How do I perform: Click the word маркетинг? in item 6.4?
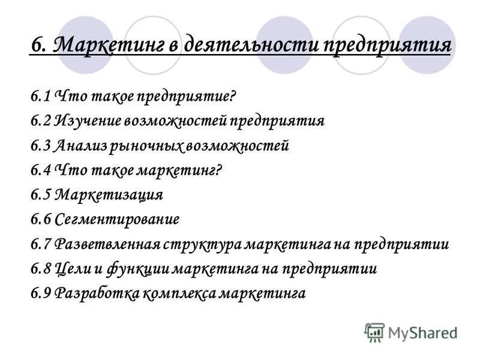[179, 170]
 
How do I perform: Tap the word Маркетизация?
[109, 195]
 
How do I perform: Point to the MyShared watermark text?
[422, 332]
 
